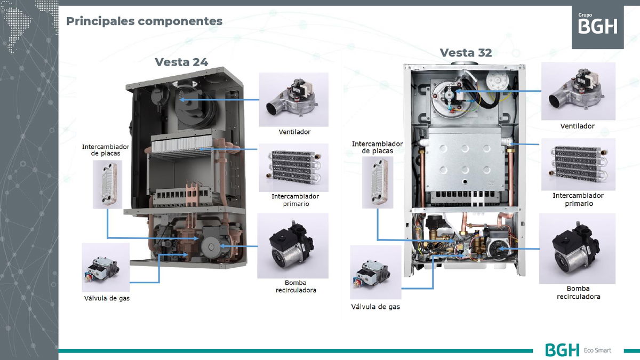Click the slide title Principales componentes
[x=144, y=21]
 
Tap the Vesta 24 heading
[x=181, y=62]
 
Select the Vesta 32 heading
[x=466, y=52]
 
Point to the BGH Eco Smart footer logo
[x=578, y=350]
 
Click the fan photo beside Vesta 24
[x=293, y=99]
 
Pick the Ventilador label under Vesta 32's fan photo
[x=577, y=126]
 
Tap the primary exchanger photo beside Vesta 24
[x=293, y=167]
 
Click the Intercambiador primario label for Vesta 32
[x=578, y=199]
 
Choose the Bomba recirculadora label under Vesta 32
[x=578, y=292]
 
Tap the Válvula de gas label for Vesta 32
[x=375, y=307]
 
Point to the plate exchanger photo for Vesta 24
[x=107, y=184]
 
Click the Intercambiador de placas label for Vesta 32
[x=377, y=147]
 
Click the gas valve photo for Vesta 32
[x=375, y=272]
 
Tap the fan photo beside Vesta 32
[x=578, y=92]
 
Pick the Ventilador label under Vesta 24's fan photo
[x=294, y=132]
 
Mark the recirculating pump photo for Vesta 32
[x=577, y=249]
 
